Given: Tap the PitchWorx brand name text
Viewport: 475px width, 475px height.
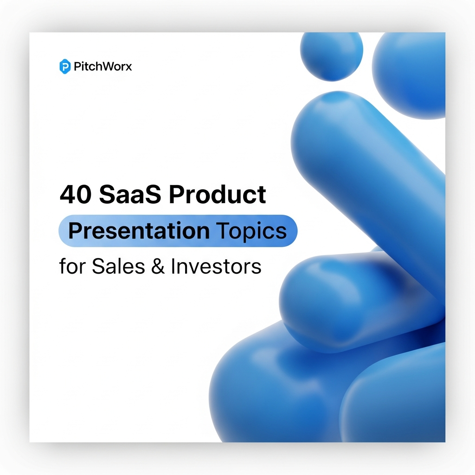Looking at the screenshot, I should [x=103, y=67].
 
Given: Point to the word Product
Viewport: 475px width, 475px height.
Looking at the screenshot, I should [x=217, y=195].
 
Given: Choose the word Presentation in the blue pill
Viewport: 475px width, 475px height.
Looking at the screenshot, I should [x=139, y=231].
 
